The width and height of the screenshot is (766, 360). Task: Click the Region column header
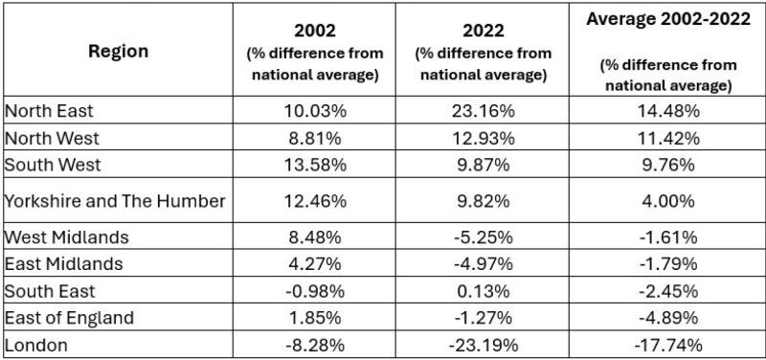click(x=120, y=51)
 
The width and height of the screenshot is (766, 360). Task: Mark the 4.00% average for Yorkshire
click(x=667, y=200)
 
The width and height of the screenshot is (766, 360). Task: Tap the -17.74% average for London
click(x=667, y=344)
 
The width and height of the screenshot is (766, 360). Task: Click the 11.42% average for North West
click(x=667, y=137)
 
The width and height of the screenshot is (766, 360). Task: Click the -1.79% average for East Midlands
click(x=667, y=263)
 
